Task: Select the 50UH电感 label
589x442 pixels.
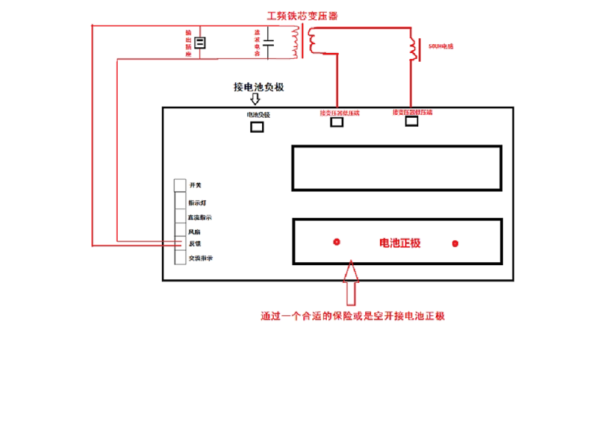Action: point(440,46)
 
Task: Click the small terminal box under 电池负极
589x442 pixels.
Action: point(258,126)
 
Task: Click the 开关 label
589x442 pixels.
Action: point(195,185)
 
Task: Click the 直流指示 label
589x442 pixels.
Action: point(200,217)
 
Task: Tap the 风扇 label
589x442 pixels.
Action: point(195,231)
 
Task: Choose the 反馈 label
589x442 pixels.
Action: point(195,243)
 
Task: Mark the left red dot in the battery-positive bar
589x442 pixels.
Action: point(337,242)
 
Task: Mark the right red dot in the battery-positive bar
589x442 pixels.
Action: point(455,243)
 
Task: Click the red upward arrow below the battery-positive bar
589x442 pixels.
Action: point(350,284)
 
